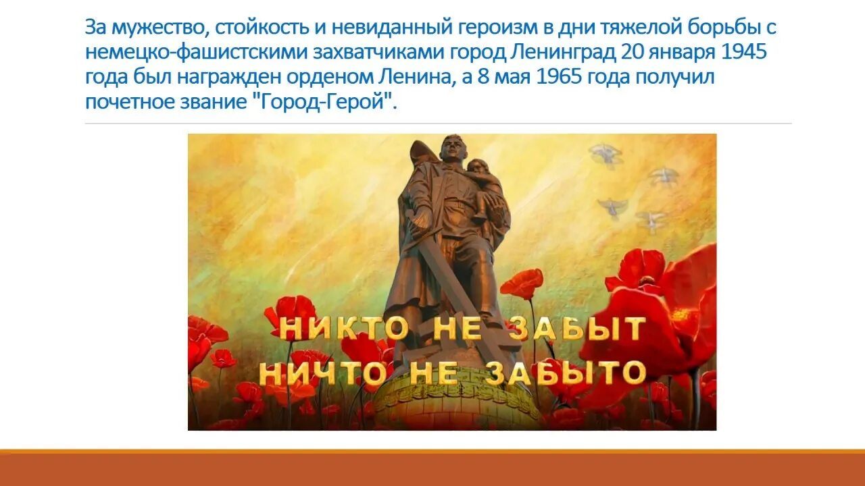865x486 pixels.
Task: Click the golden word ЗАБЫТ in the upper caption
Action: (576, 329)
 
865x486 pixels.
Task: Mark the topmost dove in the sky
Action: (605, 155)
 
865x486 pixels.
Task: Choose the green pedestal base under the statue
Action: (446, 405)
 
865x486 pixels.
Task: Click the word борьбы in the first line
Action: (722, 28)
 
